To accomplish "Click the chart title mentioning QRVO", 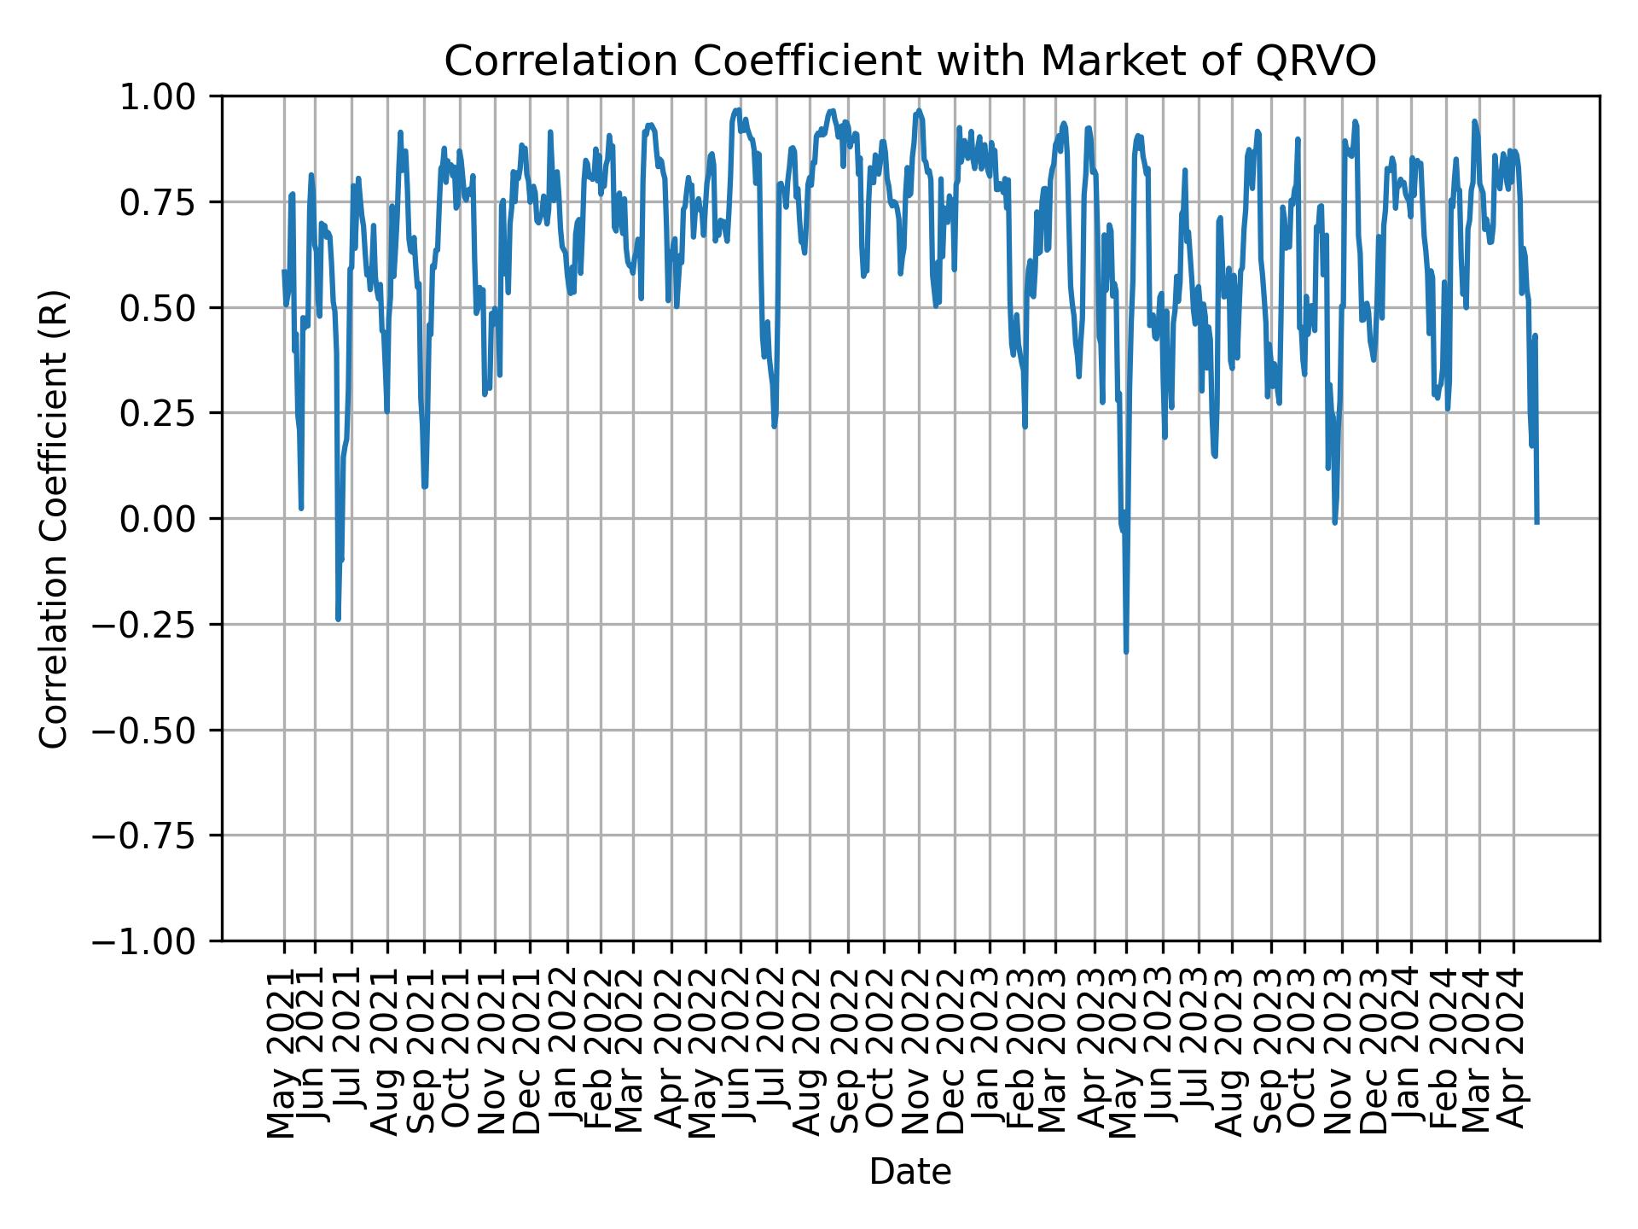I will click(x=909, y=61).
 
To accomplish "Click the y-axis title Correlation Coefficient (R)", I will click(x=53, y=518).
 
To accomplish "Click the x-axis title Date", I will click(x=909, y=1172).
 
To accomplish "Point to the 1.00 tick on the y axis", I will click(x=168, y=96).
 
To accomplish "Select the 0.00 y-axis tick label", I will click(x=168, y=519).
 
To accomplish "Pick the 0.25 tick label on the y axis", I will click(x=168, y=413).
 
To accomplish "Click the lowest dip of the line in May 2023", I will click(x=1126, y=652).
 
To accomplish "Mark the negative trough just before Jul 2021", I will click(x=338, y=619).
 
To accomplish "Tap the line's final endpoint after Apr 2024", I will click(x=1536, y=521).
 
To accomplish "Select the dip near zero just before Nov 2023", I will click(x=1334, y=522).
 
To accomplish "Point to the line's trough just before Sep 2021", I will click(x=424, y=486).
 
